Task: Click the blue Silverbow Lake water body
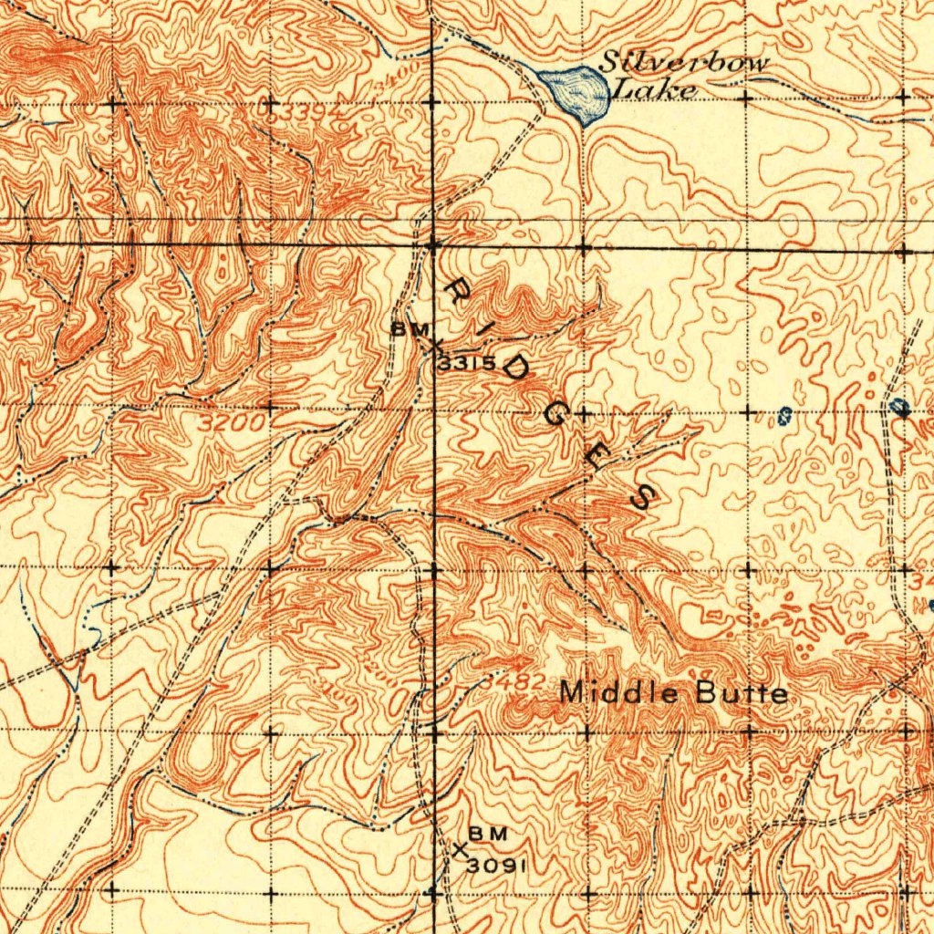(575, 92)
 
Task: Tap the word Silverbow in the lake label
(684, 64)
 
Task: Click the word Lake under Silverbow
(654, 89)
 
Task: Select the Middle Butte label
(673, 693)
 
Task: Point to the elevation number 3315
(466, 364)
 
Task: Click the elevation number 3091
(496, 865)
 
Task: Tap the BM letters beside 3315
(407, 329)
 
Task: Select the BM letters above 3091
(483, 834)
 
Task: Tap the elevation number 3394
(297, 111)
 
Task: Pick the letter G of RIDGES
(555, 415)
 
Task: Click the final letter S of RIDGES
(643, 497)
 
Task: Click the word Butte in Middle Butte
(742, 693)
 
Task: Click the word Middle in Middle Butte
(619, 693)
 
